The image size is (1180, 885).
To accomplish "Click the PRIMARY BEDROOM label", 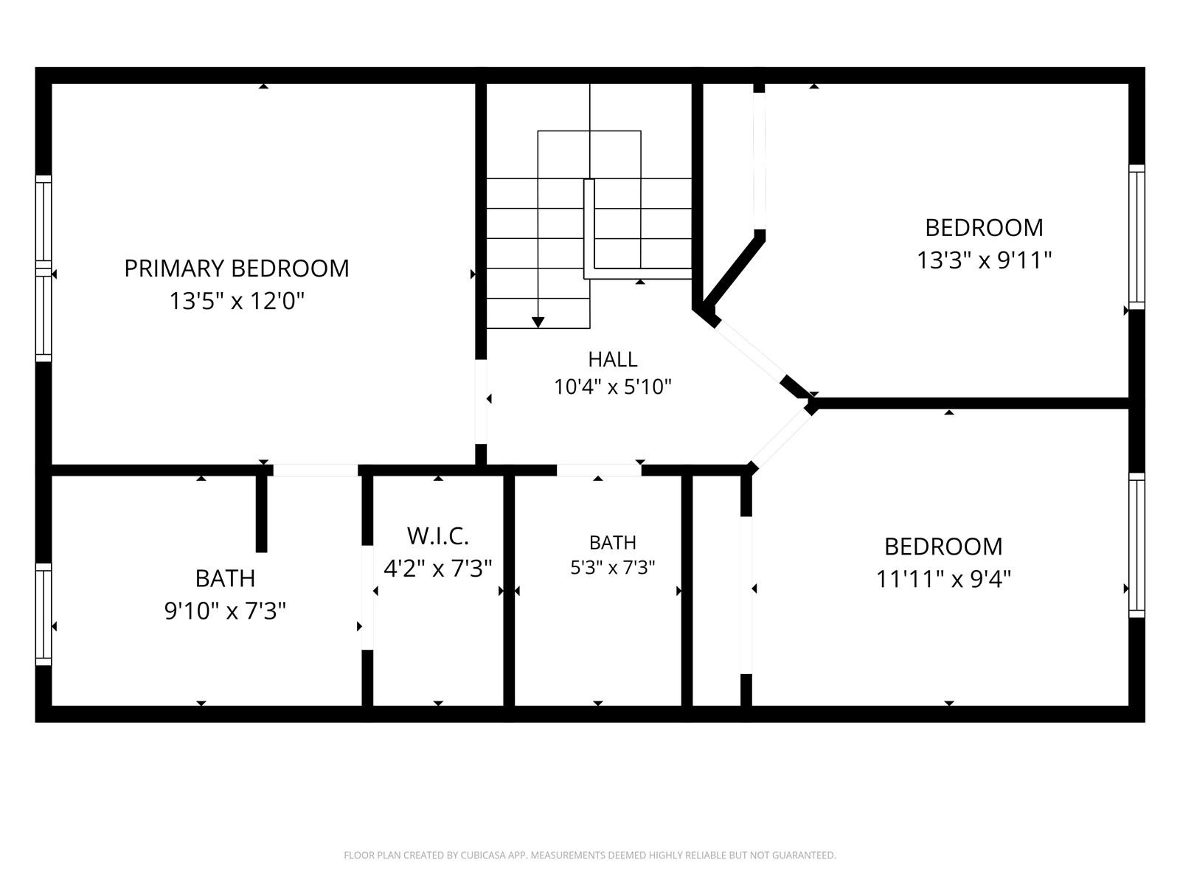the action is (237, 268).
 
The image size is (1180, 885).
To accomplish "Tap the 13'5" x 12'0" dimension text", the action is (237, 301).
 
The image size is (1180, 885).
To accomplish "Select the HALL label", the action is (613, 359).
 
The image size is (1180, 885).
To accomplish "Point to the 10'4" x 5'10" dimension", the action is (613, 386).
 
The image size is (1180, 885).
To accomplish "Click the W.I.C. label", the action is (437, 535).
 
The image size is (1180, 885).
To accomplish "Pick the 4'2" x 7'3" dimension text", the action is (437, 568).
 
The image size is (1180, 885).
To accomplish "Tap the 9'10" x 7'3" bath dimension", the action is (225, 611).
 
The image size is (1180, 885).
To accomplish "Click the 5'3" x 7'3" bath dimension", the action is (613, 567).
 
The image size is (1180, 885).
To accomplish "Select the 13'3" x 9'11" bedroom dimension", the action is (984, 260).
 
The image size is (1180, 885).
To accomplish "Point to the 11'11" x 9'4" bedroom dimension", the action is (943, 579).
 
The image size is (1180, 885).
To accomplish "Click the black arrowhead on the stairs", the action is (538, 322).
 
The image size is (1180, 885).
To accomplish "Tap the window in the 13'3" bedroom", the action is (1136, 237).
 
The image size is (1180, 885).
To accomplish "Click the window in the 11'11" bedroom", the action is (1136, 546).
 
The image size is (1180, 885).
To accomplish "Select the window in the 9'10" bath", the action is (44, 614).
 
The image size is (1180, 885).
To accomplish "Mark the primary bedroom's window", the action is (44, 268).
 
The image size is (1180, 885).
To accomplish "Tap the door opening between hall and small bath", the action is (598, 471).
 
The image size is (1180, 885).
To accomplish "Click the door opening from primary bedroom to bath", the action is (316, 471).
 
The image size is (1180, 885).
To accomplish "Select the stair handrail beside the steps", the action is (589, 229).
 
